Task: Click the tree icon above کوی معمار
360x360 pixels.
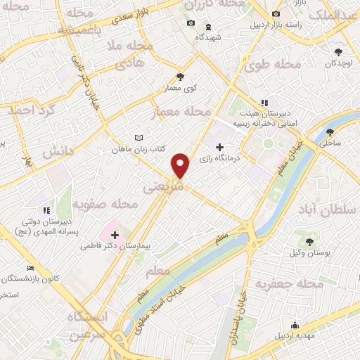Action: (181, 77)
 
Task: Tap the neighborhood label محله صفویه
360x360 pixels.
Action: (113, 205)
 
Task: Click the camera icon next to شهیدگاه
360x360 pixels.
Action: (191, 24)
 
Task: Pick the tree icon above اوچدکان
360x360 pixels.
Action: (339, 51)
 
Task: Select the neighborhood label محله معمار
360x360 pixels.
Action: (181, 112)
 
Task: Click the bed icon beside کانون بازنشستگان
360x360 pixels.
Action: (30, 268)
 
